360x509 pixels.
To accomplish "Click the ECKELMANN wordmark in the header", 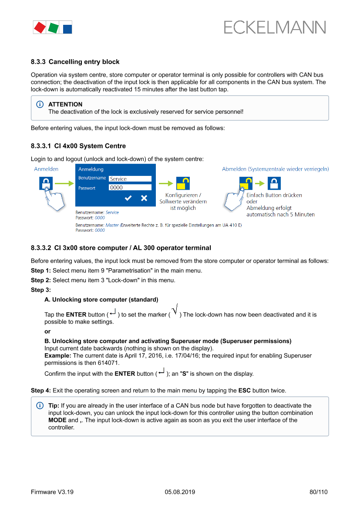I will click(275, 28).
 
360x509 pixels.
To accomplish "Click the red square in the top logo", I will click(40, 27).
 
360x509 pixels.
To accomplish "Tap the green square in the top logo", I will click(54, 28).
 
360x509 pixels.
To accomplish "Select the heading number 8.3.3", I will click(38, 62).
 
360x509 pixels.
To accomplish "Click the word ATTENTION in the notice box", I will click(65, 104).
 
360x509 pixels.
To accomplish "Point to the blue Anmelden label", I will click(46, 169).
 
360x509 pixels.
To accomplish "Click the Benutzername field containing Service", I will click(130, 179).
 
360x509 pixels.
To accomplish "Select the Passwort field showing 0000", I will click(130, 188).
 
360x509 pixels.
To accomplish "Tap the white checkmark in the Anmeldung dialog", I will click(128, 199).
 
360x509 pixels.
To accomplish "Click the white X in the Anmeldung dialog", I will click(144, 199).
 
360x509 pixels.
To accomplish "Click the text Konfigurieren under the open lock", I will click(183, 195).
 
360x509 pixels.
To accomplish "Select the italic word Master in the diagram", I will click(112, 226).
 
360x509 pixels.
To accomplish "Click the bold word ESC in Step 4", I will click(244, 390).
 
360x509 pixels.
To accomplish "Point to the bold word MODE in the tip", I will click(57, 420).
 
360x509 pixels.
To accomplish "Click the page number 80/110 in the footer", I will click(318, 492).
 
